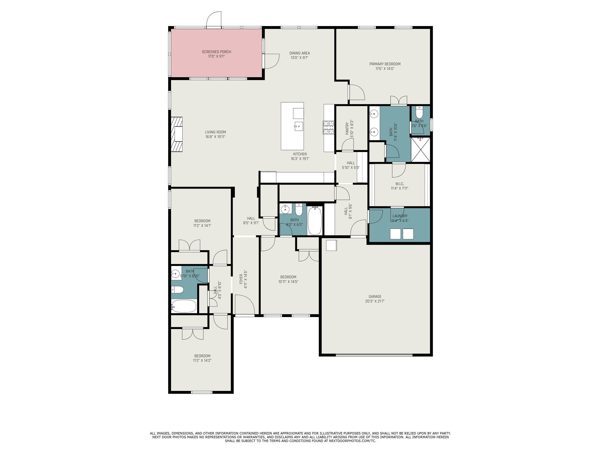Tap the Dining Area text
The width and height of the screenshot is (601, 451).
(299, 53)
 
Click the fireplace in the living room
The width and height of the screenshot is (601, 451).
(177, 134)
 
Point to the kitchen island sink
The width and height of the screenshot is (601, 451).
(298, 126)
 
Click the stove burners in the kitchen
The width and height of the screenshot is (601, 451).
(328, 127)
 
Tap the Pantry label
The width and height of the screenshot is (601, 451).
(347, 129)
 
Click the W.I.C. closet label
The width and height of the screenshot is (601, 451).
(399, 184)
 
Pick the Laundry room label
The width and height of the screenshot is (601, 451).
(400, 216)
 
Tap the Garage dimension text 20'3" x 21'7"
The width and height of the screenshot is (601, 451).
(375, 301)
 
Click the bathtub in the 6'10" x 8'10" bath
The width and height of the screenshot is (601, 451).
(184, 306)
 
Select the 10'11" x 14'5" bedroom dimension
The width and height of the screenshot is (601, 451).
(288, 282)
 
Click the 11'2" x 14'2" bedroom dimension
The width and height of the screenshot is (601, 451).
(202, 361)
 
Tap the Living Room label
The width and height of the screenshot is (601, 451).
(215, 132)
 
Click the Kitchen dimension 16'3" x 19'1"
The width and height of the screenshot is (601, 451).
(300, 159)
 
